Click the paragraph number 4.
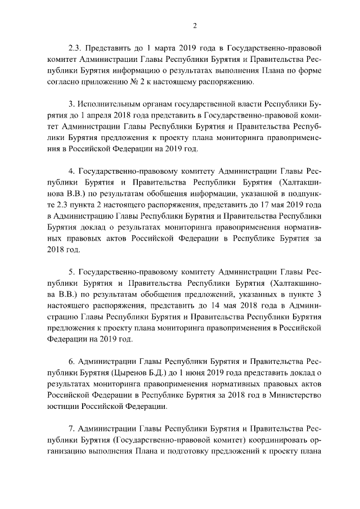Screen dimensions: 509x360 tap(71, 170)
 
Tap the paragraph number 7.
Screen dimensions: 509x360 tap(71, 427)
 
